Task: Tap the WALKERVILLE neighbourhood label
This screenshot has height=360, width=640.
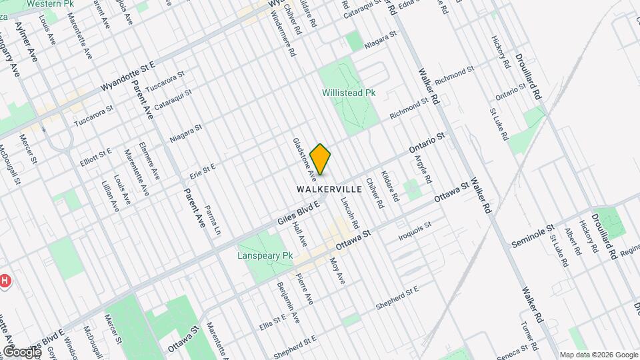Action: click(x=329, y=189)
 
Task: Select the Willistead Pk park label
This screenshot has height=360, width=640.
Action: click(x=349, y=93)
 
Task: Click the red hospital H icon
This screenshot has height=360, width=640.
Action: click(x=5, y=281)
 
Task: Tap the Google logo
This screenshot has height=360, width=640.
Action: click(x=21, y=352)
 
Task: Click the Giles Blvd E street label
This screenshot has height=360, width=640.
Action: click(x=299, y=212)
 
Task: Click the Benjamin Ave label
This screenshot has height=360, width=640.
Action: click(x=289, y=303)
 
